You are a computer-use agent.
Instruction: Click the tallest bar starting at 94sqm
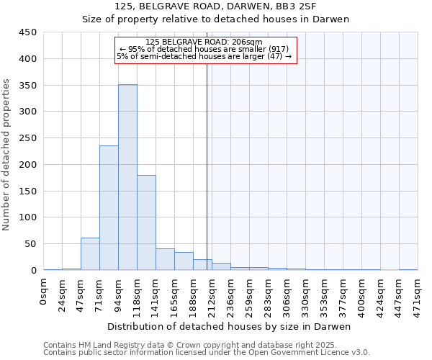tap(127, 177)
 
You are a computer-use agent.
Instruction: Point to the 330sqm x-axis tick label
tap(305, 292)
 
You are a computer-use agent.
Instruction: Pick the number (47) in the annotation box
tap(274, 56)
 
